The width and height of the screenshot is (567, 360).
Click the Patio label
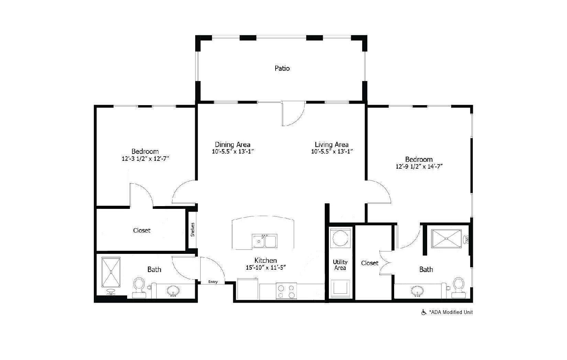(x=282, y=68)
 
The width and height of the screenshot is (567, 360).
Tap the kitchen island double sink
(x=264, y=241)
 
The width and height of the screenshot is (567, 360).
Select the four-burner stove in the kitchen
(x=287, y=291)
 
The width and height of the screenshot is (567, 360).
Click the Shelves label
(x=193, y=229)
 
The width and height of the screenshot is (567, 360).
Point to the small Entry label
(x=213, y=282)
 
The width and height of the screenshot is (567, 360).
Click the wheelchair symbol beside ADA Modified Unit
(x=424, y=312)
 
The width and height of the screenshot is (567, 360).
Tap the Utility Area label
(x=340, y=265)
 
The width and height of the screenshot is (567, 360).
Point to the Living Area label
(x=332, y=145)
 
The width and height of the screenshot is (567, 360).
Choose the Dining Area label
(x=233, y=145)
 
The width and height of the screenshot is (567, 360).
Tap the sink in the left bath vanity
(x=174, y=292)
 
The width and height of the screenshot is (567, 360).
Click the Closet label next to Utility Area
(x=370, y=263)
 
